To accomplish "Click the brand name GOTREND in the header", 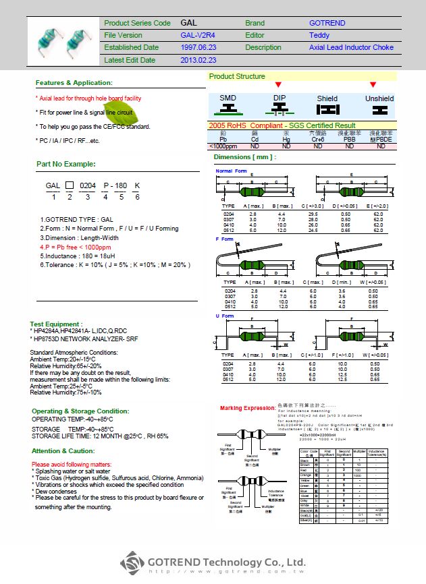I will [x=327, y=23].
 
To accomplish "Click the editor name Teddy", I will [x=319, y=35].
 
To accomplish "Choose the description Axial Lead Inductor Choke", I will [x=351, y=48].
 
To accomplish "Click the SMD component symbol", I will [x=229, y=108].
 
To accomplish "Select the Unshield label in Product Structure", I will [x=379, y=98].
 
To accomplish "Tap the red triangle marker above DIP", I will [x=277, y=85].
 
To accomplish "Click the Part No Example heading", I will [x=66, y=164].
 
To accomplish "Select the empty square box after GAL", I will [x=69, y=185].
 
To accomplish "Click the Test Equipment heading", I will [x=57, y=324].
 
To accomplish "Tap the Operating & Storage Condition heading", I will [x=80, y=411].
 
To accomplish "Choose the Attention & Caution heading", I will [x=63, y=450].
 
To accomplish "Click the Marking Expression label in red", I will [x=246, y=408].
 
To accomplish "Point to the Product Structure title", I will [x=237, y=77].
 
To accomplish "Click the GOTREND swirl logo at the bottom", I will [x=133, y=562].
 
